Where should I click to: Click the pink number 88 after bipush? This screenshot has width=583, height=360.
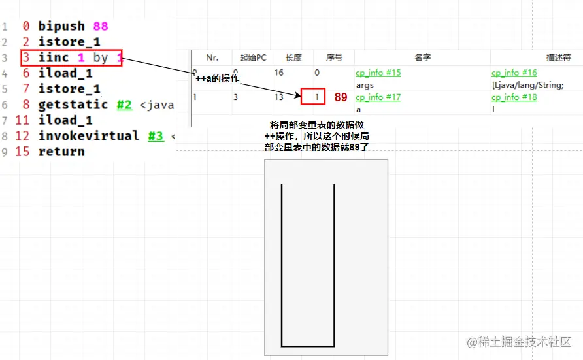100,26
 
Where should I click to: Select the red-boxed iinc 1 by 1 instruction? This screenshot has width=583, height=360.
71,57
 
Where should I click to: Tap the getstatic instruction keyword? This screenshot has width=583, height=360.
73,105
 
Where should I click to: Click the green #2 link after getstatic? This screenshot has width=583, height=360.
125,105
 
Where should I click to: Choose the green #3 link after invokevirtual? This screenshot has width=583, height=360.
156,136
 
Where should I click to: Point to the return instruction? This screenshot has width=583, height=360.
61,152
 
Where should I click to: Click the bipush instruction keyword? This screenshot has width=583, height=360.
61,26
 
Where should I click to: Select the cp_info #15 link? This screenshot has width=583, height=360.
378,73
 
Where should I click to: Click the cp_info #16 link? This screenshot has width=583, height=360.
514,73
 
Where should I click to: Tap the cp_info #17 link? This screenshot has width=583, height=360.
378,97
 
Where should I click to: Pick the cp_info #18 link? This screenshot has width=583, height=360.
514,97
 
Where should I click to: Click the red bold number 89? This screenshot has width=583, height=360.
341,97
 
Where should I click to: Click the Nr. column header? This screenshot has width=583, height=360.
212,57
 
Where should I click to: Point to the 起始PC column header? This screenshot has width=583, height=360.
253,57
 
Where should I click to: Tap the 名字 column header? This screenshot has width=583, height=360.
422,57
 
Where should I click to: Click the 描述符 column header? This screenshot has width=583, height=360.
558,57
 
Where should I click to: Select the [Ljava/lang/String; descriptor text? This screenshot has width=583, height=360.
527,85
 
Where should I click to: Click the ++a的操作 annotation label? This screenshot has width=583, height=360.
218,78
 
